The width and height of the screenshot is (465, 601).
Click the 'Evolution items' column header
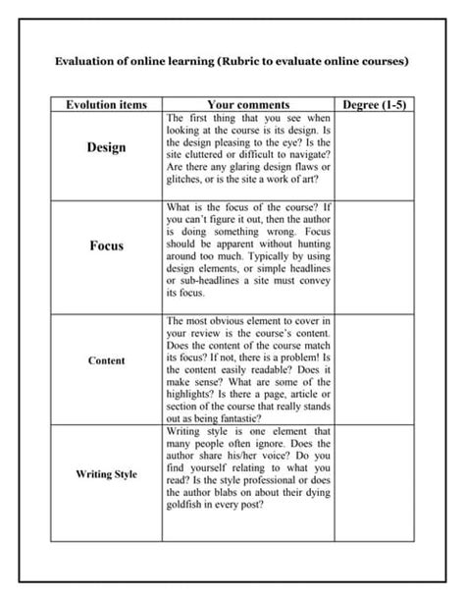tap(106, 104)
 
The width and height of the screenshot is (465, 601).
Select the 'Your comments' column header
tap(248, 104)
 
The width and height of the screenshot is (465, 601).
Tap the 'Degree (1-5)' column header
tap(375, 104)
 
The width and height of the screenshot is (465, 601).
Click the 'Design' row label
tap(106, 147)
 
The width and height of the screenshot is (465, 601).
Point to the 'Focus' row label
tap(106, 246)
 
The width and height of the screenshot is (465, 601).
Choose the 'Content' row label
tap(106, 360)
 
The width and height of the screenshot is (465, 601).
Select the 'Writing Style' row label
tap(106, 474)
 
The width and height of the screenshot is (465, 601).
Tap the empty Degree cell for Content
tap(375, 368)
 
